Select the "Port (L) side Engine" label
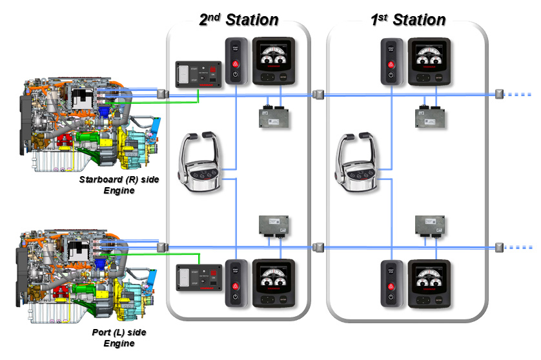pyautogui.click(x=119, y=337)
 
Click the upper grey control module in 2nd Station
pyautogui.click(x=274, y=117)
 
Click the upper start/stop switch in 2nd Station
pyautogui.click(x=235, y=63)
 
